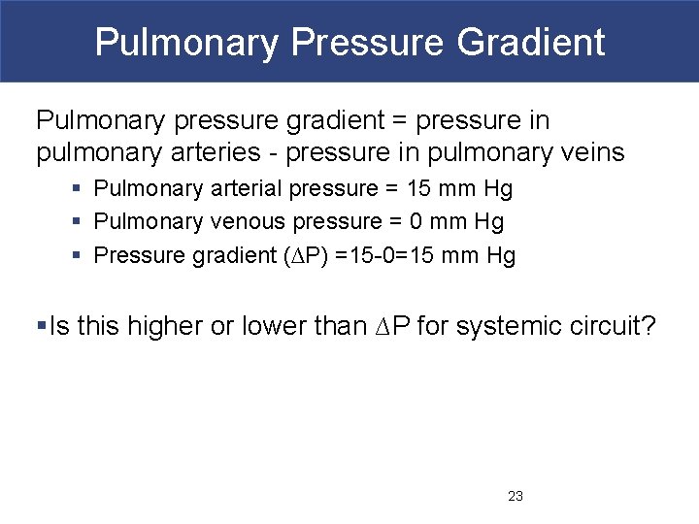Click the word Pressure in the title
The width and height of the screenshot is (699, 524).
tap(361, 42)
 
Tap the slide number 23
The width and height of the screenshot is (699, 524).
tap(516, 496)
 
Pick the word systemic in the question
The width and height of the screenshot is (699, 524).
tap(502, 327)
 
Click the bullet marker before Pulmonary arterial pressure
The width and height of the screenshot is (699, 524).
tap(77, 188)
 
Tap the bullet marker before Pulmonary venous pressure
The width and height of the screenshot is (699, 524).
tap(77, 222)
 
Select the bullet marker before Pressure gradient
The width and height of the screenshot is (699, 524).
tap(77, 256)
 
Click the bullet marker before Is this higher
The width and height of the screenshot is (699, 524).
tap(41, 327)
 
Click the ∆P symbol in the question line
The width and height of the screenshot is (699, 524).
tap(394, 327)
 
